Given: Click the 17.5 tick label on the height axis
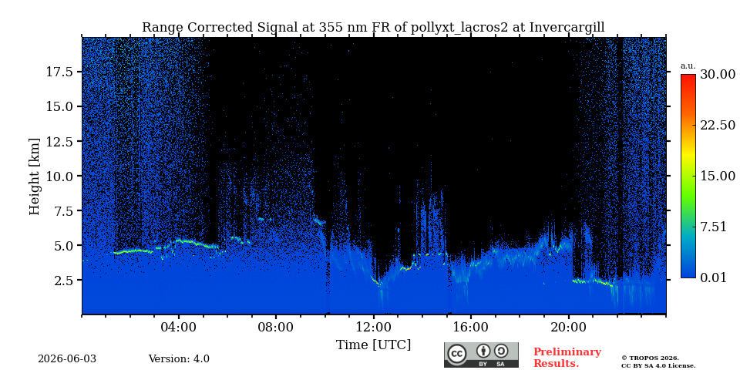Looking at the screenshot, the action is click(x=59, y=72).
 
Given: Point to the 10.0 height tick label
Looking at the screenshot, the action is click(x=59, y=176).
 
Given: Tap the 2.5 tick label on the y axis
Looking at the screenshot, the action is click(x=62, y=281).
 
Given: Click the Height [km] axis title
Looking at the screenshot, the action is click(x=35, y=177).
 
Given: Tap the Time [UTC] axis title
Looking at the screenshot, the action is click(x=373, y=345).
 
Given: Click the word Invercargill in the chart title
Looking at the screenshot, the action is click(x=567, y=28).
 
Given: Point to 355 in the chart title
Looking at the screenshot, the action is click(x=329, y=28).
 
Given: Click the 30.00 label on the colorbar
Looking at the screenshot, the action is click(x=718, y=74).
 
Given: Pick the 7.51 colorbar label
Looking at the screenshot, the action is click(x=714, y=227).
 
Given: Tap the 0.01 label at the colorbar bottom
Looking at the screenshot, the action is click(x=714, y=277).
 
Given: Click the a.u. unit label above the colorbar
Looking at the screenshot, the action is click(x=688, y=66).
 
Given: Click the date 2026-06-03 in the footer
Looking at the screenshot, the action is click(x=67, y=359).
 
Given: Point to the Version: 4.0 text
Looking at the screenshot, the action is click(x=179, y=359).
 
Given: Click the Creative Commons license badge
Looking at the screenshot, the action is click(x=481, y=355).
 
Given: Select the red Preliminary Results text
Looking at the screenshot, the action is click(x=567, y=358).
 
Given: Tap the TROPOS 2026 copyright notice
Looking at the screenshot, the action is click(x=651, y=358).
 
